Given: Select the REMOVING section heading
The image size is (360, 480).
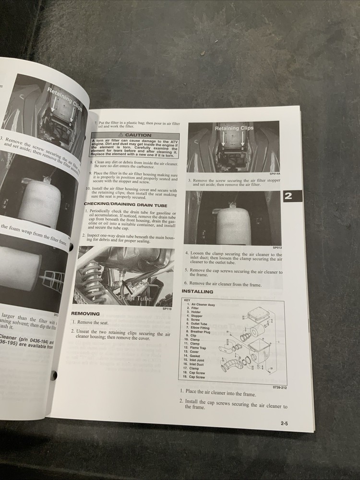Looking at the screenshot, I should (85, 313).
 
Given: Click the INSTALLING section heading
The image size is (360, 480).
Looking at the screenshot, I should (197, 291).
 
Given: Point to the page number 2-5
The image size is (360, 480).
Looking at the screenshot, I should (288, 423).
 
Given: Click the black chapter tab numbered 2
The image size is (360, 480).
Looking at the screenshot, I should (292, 195).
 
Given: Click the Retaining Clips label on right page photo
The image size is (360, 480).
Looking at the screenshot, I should (234, 128).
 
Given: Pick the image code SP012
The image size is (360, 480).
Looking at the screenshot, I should (277, 247).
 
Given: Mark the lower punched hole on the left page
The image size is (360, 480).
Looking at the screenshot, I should (54, 375).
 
